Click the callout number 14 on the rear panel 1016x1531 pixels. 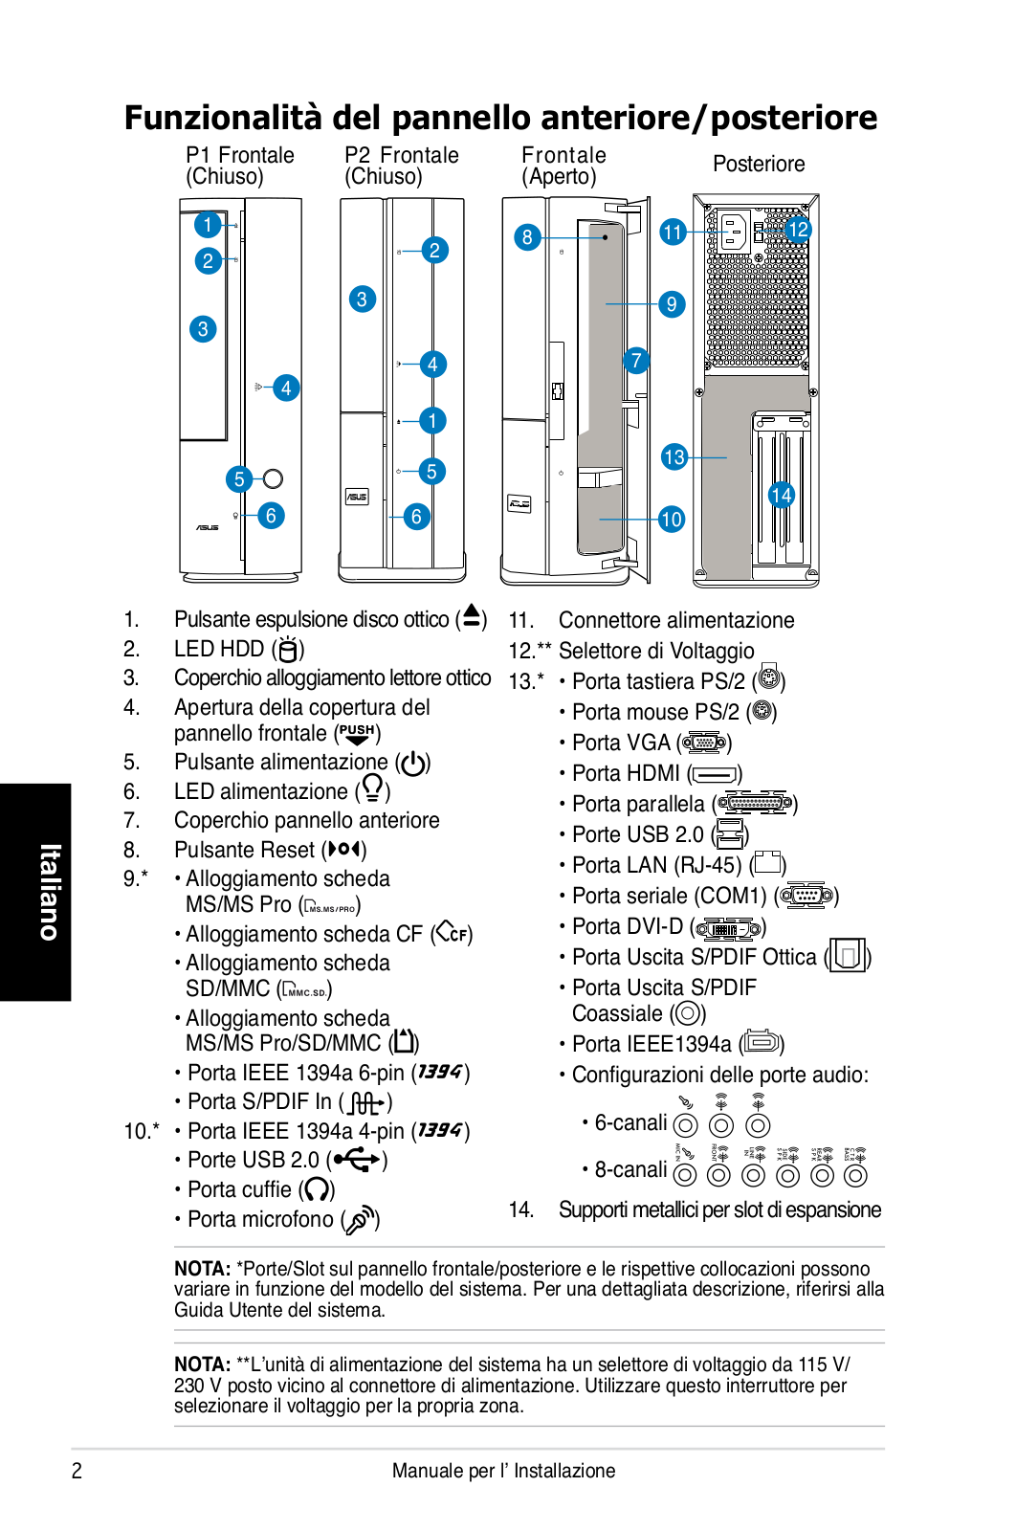782,495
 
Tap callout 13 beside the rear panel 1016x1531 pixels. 674,456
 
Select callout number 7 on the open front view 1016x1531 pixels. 636,361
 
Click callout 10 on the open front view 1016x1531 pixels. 672,519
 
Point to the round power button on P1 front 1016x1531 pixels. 273,478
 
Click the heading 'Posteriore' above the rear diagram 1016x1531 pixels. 759,164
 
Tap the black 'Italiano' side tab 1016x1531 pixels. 35,892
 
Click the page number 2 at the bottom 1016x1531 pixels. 77,1471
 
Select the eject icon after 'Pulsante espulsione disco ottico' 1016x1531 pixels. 472,617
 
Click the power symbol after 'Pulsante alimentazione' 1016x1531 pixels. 413,764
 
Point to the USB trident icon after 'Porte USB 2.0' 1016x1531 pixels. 357,1160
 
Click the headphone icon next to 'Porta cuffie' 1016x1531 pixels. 317,1189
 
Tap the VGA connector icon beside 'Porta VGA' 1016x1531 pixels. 704,743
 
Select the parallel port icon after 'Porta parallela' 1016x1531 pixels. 755,804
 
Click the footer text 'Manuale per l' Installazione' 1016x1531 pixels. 503,1471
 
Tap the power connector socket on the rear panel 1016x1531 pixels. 734,231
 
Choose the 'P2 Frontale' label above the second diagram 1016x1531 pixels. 402,155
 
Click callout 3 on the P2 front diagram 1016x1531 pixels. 362,300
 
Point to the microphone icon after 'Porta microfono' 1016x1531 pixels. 361,1220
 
